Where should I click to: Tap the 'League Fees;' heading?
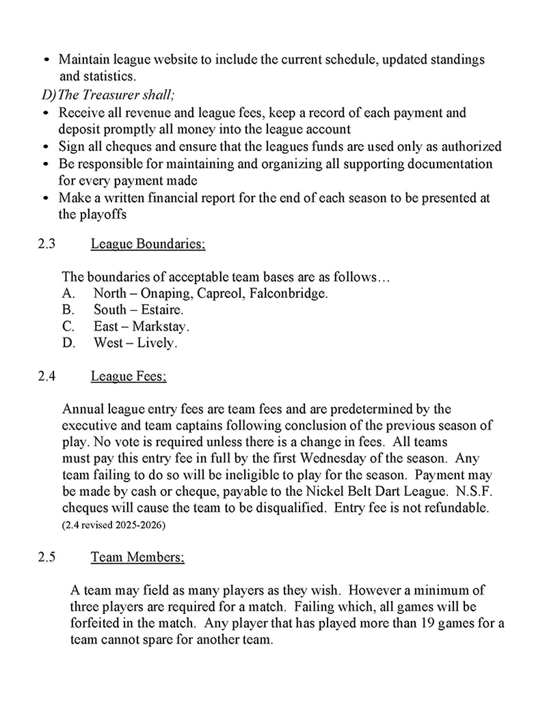coord(129,376)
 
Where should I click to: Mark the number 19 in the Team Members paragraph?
coord(436,622)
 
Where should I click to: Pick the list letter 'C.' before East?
coord(68,327)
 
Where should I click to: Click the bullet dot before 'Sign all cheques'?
coord(45,147)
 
